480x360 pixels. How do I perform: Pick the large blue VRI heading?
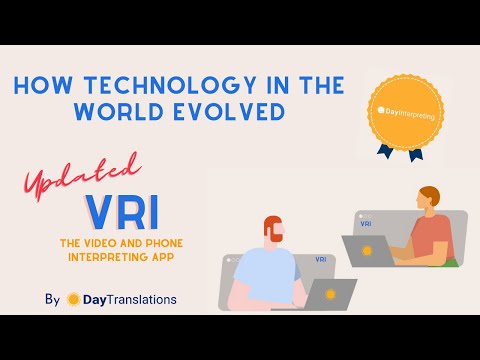click(122, 212)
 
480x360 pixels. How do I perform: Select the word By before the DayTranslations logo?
click(52, 298)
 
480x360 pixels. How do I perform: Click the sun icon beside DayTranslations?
click(73, 298)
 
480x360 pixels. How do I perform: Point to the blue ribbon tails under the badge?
click(401, 151)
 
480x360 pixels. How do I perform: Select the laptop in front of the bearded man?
click(329, 294)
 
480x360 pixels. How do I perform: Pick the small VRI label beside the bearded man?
click(320, 259)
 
